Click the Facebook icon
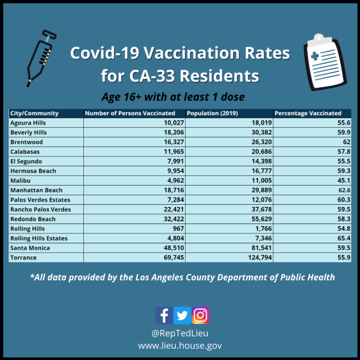pos(164,315)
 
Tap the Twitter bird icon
pos(182,315)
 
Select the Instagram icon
pos(200,315)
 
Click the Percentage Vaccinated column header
pos(308,113)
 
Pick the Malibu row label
pos(21,181)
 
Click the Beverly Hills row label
pos(29,132)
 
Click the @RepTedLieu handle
pos(180,333)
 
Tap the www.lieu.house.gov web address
pos(180,345)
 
